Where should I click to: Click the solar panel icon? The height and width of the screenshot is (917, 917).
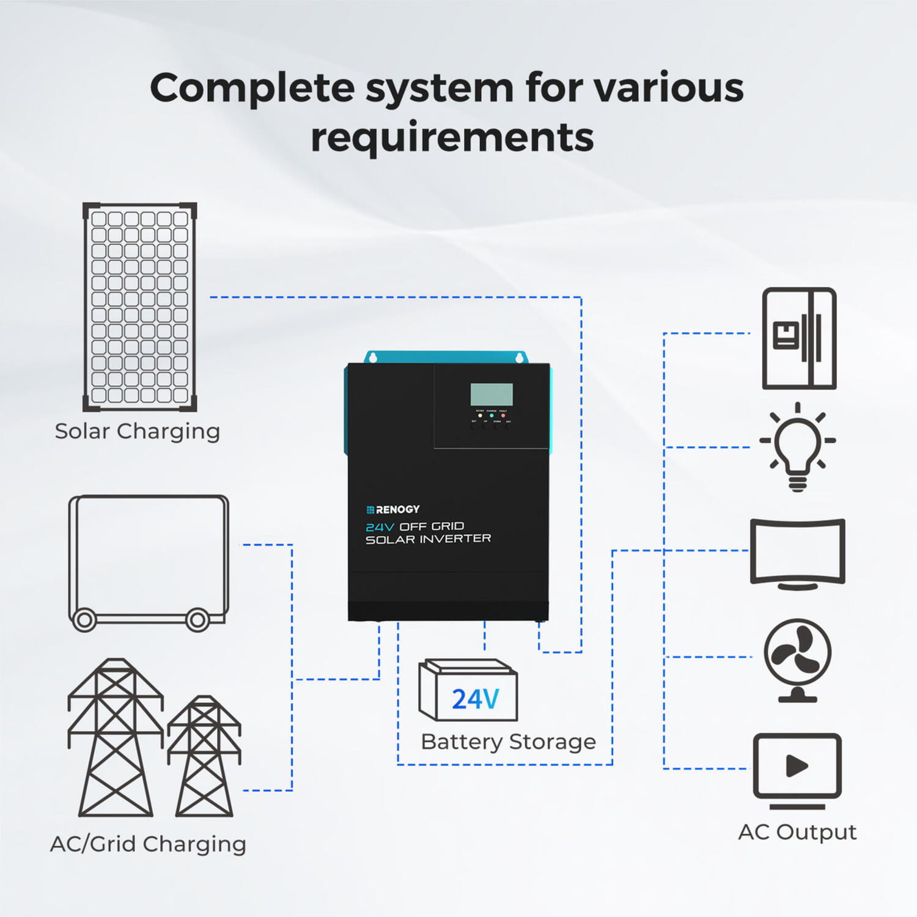140,307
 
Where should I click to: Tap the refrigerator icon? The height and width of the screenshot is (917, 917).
799,338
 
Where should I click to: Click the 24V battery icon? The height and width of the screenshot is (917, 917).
468,691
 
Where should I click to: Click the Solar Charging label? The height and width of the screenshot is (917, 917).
138,431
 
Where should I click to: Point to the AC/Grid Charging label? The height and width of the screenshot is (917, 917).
148,844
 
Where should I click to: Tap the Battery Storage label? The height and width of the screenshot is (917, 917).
508,742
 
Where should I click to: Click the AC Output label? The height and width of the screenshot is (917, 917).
797,832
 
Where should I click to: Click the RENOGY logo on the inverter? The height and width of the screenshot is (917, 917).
393,509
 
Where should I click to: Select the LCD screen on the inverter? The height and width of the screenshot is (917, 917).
492,394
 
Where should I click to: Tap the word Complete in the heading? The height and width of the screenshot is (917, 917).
252,87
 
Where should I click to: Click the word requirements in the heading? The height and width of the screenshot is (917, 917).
452,137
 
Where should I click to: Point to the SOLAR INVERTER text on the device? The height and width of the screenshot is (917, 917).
428,539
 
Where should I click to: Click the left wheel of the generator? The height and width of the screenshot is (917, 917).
84,620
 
